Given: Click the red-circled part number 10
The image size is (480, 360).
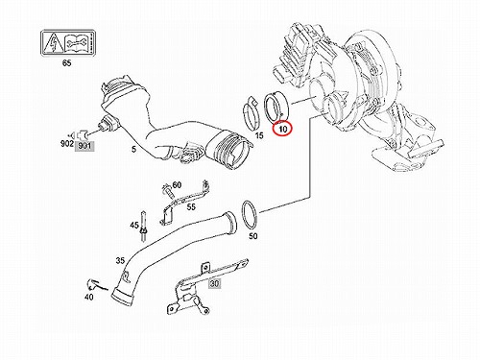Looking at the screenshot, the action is coord(283,129).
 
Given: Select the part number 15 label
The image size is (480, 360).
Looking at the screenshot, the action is coord(259,135).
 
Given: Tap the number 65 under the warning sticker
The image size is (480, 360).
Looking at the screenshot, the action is coord(66,63).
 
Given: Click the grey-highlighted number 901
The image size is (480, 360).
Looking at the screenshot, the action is coord(84,146).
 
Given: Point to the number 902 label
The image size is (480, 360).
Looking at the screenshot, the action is coord(67,144).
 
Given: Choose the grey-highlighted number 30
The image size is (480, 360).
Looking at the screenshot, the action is coord(214,283).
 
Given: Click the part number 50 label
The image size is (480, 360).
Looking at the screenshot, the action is coord(252,236).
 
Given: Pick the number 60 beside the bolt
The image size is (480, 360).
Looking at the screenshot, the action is coord(177,185).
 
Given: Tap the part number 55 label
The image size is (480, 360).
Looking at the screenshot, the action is coord(191,207).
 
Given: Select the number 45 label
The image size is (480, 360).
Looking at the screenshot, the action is coord(134,226).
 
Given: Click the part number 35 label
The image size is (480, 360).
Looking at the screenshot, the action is coord(120,261).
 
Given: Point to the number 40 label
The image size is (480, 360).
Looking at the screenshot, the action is coord(89,298).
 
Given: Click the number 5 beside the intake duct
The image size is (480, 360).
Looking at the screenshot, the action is coord(133,149).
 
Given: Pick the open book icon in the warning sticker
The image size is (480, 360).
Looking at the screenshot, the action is coord(76,43).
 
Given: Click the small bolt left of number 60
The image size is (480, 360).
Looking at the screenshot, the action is coord(168,191).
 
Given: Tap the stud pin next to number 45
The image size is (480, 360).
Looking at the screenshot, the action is coord(143,227).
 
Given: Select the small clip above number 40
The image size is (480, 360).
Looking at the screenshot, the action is coord(93,284).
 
